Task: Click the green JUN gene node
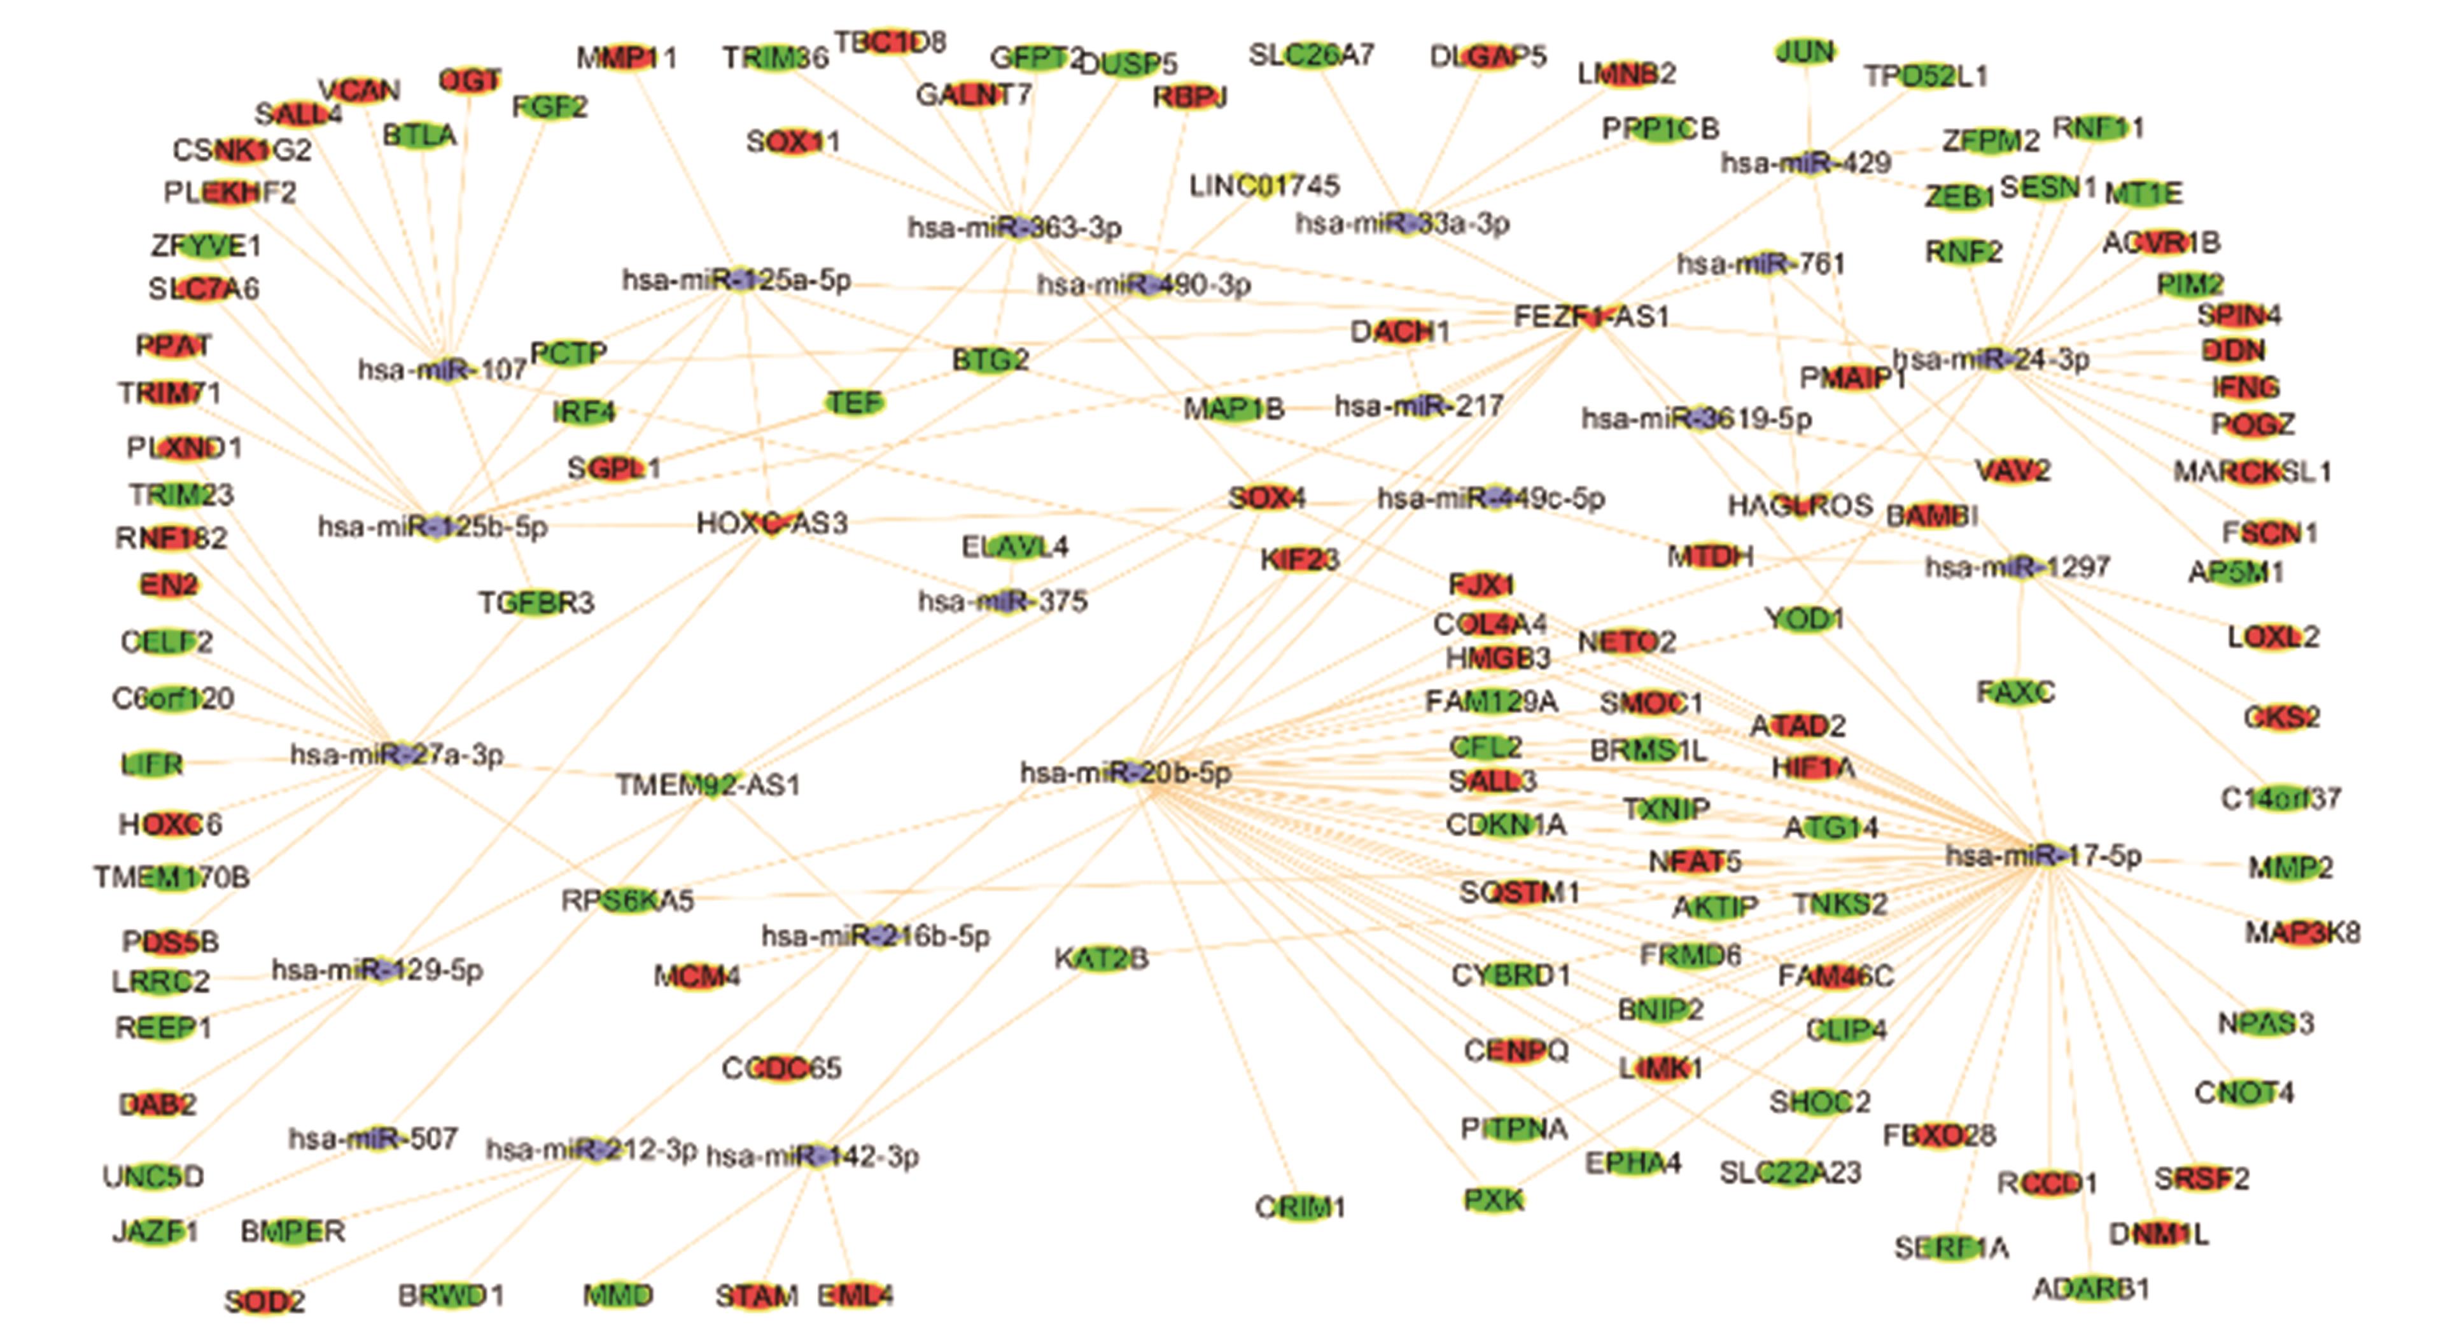pyautogui.click(x=1805, y=52)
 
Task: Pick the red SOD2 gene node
pyautogui.click(x=264, y=1300)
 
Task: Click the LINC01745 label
pyautogui.click(x=1264, y=186)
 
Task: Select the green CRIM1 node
pyautogui.click(x=1299, y=1207)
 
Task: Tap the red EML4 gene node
pyautogui.click(x=855, y=1295)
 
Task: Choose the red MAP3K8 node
pyautogui.click(x=2302, y=933)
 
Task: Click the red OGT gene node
pyautogui.click(x=470, y=81)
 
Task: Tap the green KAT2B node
pyautogui.click(x=1102, y=959)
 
